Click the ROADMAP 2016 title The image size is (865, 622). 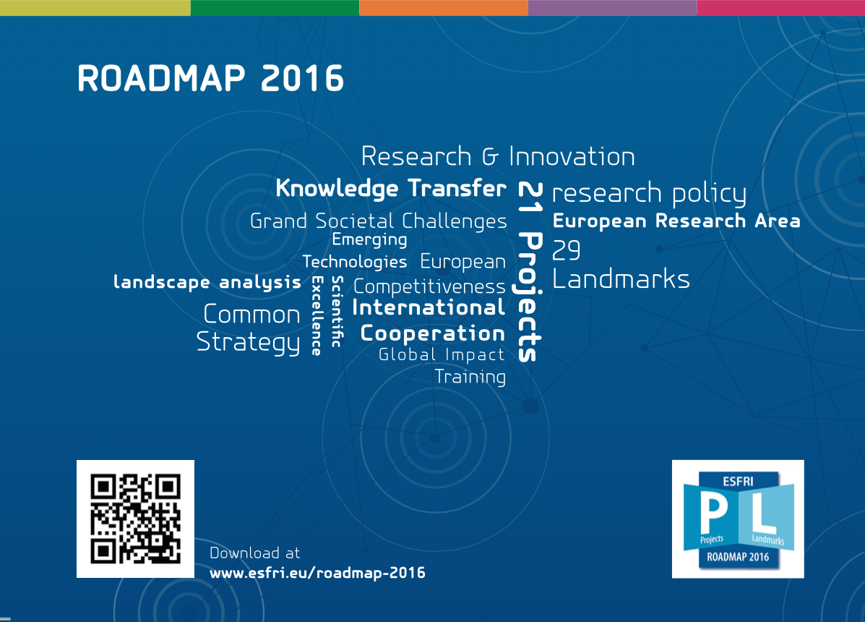211,78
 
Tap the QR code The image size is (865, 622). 135,519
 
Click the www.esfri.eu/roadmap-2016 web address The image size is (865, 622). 317,573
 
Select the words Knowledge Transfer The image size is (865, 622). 390,188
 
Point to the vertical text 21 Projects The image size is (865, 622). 530,271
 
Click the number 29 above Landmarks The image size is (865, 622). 566,250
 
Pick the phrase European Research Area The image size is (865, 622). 676,221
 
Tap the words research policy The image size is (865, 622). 650,193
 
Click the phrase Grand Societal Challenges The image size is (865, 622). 379,221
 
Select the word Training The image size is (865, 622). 470,377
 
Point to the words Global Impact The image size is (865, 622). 442,354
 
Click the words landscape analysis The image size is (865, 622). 207,282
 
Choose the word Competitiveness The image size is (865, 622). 429,286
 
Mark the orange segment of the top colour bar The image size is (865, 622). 444,8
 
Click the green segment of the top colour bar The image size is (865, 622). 275,8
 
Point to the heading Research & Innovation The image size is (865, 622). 498,156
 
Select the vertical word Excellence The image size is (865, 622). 317,315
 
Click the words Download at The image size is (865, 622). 255,553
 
